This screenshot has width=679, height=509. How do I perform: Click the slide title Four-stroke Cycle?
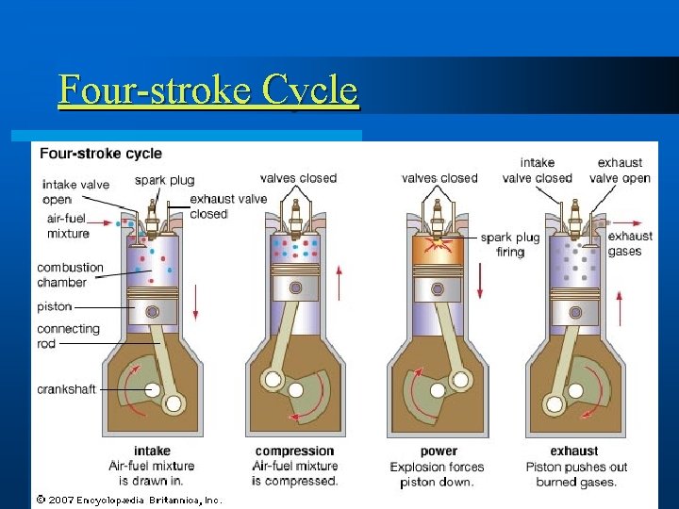(x=207, y=91)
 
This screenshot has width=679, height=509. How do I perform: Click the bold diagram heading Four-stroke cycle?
(x=100, y=154)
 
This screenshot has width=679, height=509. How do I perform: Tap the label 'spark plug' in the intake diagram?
(x=164, y=180)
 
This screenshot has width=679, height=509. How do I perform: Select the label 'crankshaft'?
(x=66, y=389)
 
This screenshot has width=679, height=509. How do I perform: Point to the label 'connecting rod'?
(x=68, y=337)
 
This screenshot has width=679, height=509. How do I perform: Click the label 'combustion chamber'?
(x=70, y=274)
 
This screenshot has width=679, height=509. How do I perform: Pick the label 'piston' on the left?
(x=54, y=306)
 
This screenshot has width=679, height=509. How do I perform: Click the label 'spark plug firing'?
(x=510, y=245)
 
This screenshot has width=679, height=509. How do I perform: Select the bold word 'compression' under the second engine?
(x=294, y=451)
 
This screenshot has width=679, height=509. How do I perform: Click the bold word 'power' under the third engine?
(x=439, y=451)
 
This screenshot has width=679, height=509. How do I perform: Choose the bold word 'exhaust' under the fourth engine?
(x=574, y=451)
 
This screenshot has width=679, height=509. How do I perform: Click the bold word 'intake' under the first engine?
(x=152, y=451)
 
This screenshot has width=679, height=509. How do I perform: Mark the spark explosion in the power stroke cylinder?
(x=436, y=245)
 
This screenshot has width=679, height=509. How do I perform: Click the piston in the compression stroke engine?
(x=295, y=287)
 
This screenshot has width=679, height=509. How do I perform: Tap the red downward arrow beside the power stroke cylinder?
(x=479, y=281)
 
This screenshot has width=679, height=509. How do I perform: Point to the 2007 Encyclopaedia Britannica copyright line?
(x=128, y=500)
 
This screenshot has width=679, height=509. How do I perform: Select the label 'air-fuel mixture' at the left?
(x=68, y=226)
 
